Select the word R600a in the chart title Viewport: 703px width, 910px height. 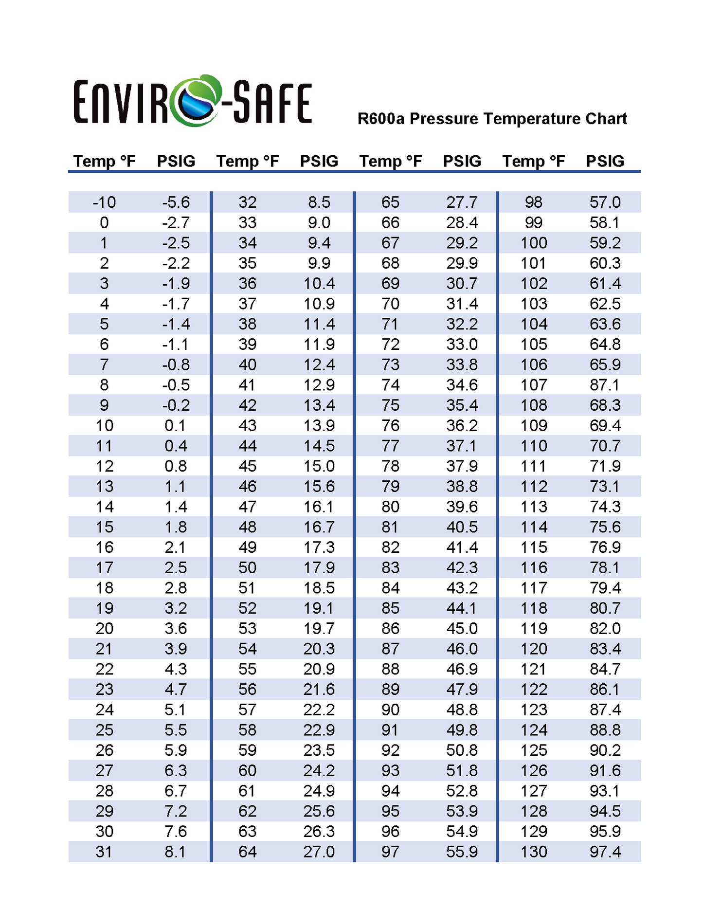[380, 119]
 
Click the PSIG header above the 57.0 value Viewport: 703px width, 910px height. [605, 161]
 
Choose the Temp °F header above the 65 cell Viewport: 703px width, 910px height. [390, 161]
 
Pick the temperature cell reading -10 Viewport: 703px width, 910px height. [104, 202]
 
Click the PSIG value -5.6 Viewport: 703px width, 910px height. [176, 202]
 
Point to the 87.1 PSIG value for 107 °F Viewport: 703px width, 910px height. [605, 385]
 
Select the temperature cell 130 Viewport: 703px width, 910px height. [534, 852]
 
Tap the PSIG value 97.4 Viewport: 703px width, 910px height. [605, 852]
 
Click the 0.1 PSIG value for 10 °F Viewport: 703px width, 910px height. [175, 425]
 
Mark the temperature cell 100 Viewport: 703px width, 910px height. [534, 243]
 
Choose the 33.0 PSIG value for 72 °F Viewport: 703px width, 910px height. [462, 345]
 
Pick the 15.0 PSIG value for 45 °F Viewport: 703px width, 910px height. [319, 466]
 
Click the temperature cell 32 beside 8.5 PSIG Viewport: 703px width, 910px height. [247, 202]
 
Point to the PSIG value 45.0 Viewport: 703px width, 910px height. [462, 628]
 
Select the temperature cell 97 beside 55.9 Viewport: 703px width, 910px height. [390, 852]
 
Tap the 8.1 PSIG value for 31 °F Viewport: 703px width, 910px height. [175, 852]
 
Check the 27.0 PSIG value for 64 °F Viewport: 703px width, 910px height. [319, 852]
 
